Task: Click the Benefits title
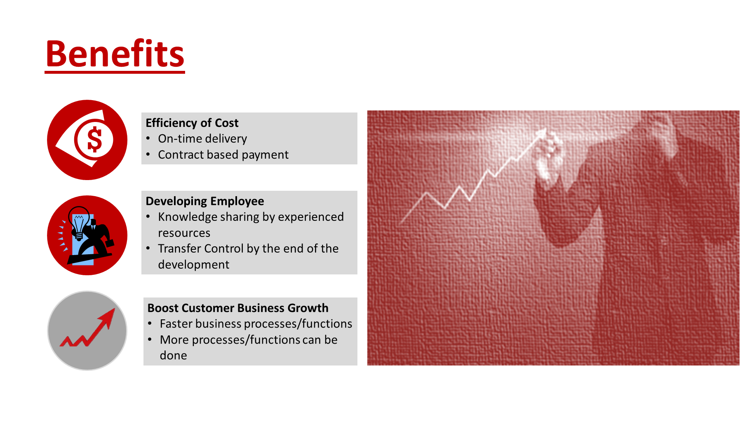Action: click(x=115, y=54)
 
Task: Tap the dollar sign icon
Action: click(x=94, y=139)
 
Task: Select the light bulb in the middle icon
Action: click(x=79, y=220)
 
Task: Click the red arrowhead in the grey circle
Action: click(x=108, y=317)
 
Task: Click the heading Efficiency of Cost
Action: click(x=192, y=123)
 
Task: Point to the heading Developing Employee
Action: click(x=205, y=201)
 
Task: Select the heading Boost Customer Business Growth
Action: click(x=238, y=308)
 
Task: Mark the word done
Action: click(x=173, y=356)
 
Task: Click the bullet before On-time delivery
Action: click(x=148, y=139)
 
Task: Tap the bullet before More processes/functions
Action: click(x=150, y=340)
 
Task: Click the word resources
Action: click(x=184, y=233)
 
